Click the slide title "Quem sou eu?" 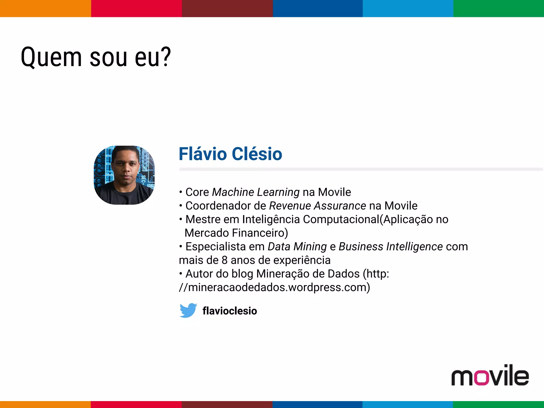pos(96,57)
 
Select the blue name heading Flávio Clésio pos(230,154)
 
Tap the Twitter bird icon pos(188,310)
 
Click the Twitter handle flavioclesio pos(230,311)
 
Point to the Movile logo pos(490,375)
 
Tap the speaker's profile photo pos(124,175)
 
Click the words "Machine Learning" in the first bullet pos(256,192)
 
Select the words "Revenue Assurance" pos(317,206)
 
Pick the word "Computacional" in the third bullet pos(341,219)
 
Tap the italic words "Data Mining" pos(297,247)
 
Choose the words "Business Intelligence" pos(390,247)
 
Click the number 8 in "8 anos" pos(225,260)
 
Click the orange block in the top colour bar pos(45,8)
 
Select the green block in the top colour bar pos(499,8)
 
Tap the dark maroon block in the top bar pos(227,8)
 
